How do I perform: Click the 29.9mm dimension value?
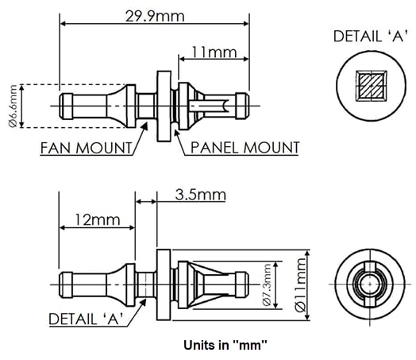pyautogui.click(x=154, y=16)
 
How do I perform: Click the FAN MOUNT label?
pyautogui.click(x=85, y=148)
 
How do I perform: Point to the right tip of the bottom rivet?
pyautogui.click(x=245, y=284)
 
